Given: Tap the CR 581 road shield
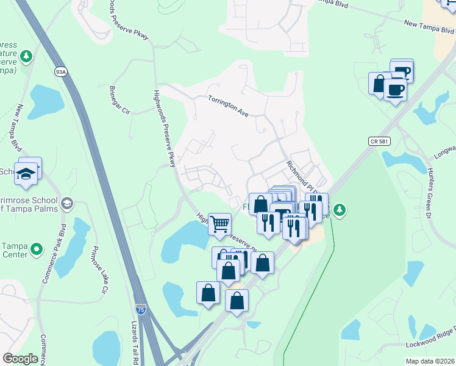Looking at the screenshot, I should [x=379, y=141].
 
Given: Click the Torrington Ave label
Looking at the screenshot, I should [x=228, y=106].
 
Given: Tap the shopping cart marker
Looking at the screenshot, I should [x=219, y=224].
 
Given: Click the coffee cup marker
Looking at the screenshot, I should [x=395, y=91].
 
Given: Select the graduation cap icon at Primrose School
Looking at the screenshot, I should [x=66, y=203].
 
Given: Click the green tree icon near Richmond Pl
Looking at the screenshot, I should [x=340, y=210].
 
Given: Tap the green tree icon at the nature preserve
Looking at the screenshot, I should [x=26, y=57].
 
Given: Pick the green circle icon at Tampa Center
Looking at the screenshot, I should [x=37, y=249].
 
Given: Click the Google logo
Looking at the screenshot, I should [x=21, y=359].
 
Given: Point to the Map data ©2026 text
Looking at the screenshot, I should [x=430, y=361].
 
